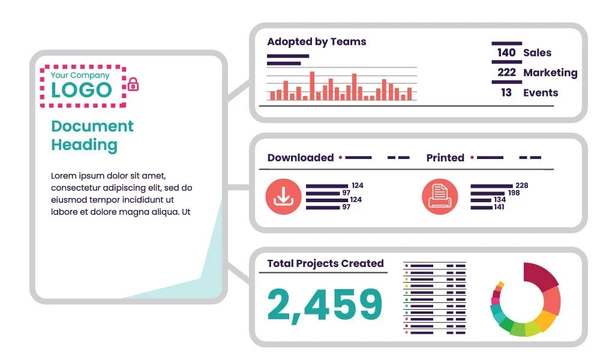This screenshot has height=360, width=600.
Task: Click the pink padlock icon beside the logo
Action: point(133,85)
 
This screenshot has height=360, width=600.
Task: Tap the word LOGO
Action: point(81,91)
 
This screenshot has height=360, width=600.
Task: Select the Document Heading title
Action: point(92,136)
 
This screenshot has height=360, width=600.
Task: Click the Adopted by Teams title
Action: point(316,42)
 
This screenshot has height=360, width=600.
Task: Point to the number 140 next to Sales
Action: point(506,53)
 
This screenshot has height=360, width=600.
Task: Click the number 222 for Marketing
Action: point(506,73)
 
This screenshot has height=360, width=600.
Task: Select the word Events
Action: point(541,93)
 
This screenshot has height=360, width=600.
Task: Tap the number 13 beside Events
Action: point(506,93)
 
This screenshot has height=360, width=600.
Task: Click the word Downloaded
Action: point(300,158)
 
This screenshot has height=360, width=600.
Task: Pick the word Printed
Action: point(445,158)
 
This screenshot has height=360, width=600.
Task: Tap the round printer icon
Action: point(439,196)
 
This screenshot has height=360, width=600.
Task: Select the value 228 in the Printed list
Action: point(521,185)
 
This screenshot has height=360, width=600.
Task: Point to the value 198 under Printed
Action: point(514,193)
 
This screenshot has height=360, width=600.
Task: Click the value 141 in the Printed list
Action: point(499,208)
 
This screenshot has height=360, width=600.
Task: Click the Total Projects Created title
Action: point(325,263)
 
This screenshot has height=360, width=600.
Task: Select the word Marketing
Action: point(550,73)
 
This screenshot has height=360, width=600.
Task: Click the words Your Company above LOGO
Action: point(80,76)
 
